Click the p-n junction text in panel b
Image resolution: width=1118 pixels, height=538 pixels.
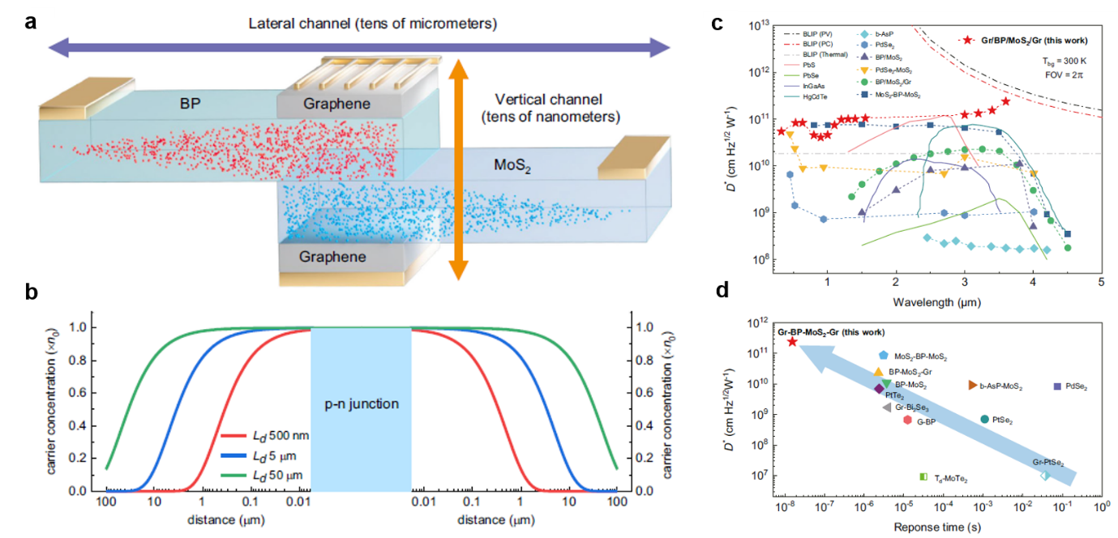(x=361, y=403)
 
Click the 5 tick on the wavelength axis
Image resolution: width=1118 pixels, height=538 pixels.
(x=1101, y=281)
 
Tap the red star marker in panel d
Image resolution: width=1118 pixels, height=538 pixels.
(x=792, y=342)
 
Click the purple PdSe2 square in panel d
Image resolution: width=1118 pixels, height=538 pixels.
(x=1057, y=386)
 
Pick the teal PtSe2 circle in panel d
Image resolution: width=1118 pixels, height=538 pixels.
(x=984, y=419)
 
